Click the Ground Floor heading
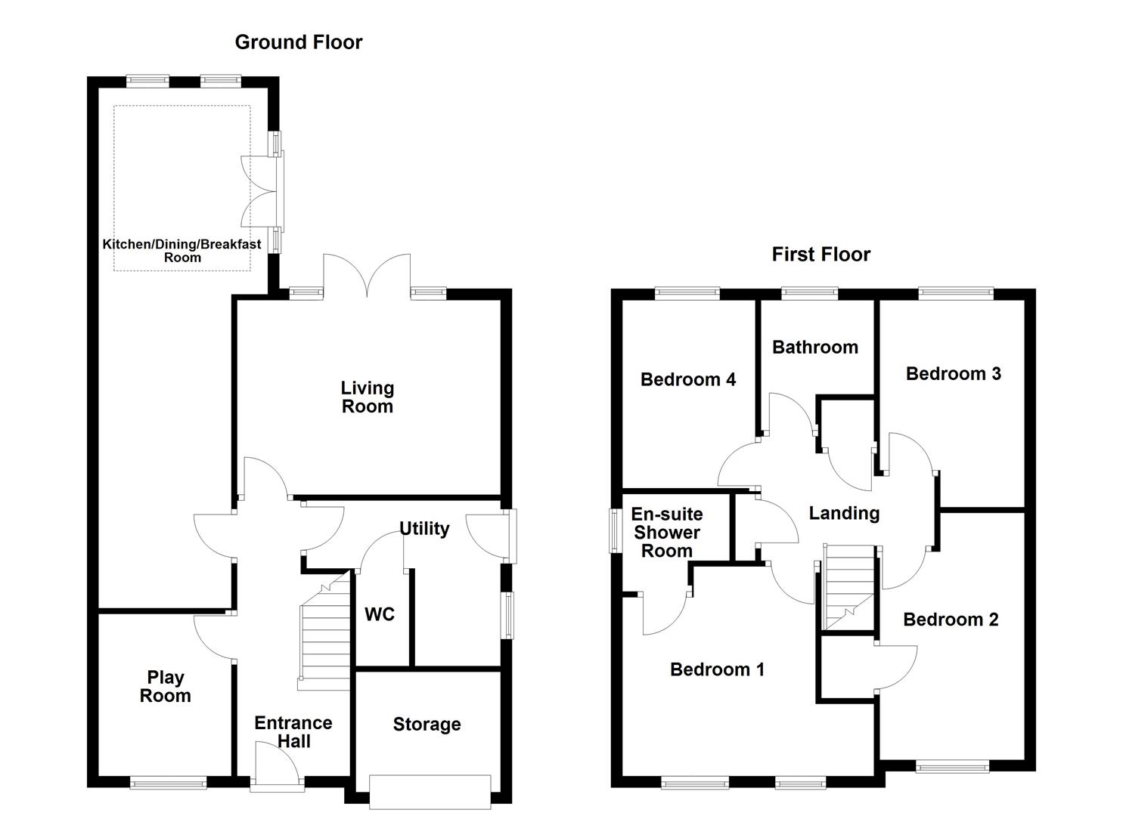tap(298, 42)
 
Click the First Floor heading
tap(821, 255)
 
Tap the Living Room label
tap(367, 397)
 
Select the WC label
tap(380, 614)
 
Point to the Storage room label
tap(427, 725)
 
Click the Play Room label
tap(165, 687)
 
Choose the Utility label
tap(424, 528)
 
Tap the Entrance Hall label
tap(293, 732)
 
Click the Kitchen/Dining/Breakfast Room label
tap(182, 251)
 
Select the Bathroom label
tap(815, 348)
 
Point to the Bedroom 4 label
tap(687, 379)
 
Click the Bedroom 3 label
tap(953, 373)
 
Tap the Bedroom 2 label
tap(951, 620)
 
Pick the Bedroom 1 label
tap(717, 669)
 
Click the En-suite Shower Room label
tap(667, 533)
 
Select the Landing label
tap(844, 514)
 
